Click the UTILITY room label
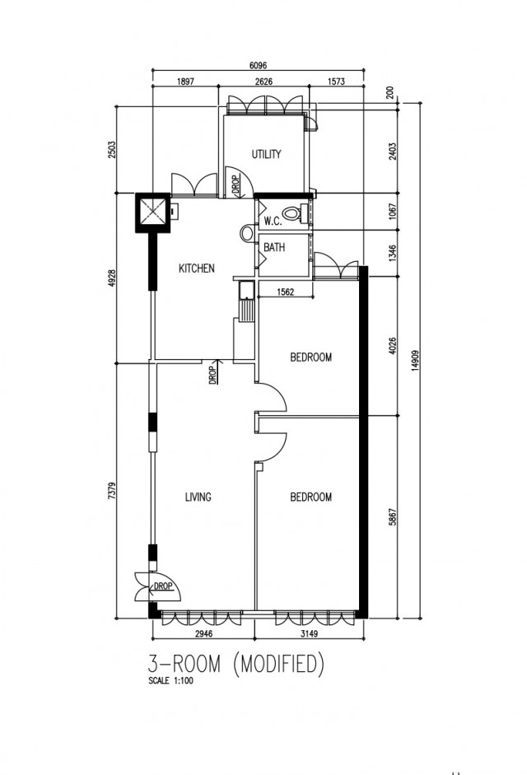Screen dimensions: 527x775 [266, 154]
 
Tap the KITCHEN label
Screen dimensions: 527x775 [196, 268]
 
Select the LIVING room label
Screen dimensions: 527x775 [198, 497]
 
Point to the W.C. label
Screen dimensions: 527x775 [273, 221]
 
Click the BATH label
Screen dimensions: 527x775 [274, 247]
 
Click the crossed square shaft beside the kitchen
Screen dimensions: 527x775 [153, 212]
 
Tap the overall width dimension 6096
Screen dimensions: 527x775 [258, 66]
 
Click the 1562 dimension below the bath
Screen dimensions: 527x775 [285, 292]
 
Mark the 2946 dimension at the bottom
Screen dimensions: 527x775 [203, 633]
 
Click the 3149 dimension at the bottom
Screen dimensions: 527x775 [309, 633]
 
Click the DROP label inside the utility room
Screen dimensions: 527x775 [236, 184]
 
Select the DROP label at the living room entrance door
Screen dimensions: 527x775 [163, 586]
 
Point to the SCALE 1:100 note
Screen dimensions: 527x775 [170, 680]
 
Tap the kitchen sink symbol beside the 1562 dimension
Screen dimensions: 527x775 [245, 291]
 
